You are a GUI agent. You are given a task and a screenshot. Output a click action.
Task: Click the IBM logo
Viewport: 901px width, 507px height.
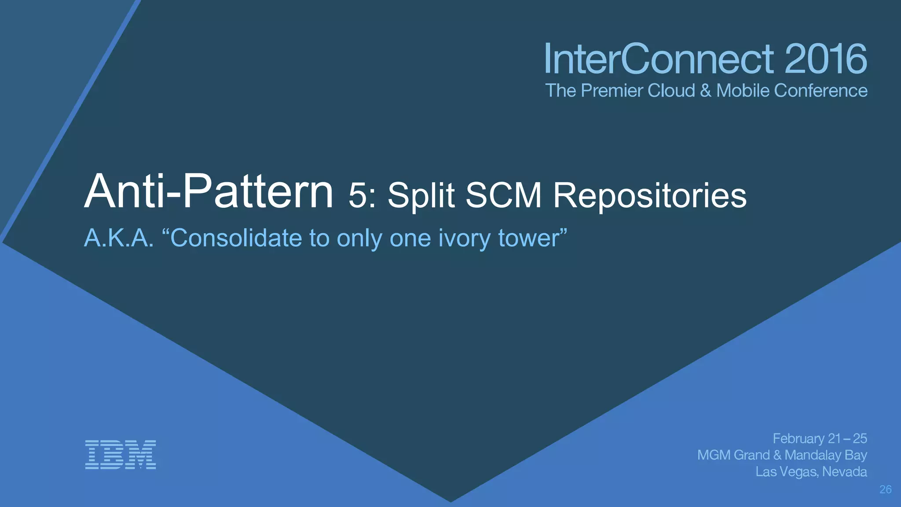[x=120, y=454]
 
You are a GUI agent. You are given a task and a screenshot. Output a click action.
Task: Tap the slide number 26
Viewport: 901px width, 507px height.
[x=885, y=489]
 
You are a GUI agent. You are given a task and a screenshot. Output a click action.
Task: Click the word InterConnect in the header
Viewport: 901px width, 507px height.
[x=659, y=59]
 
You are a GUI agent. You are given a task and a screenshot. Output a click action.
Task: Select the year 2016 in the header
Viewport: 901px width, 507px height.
[x=825, y=59]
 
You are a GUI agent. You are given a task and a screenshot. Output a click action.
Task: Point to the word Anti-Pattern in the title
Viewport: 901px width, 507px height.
[x=209, y=192]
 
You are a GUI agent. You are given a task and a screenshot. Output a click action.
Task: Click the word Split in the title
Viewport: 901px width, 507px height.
[x=421, y=196]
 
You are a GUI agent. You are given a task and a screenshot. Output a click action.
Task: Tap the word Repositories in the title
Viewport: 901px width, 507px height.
[x=649, y=196]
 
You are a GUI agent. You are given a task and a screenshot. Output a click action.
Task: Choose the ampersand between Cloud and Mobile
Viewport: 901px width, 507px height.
[x=706, y=91]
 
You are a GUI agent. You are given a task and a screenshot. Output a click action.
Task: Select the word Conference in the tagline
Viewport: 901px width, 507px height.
[x=820, y=91]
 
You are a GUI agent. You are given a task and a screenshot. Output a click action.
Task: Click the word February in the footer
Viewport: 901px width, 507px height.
[x=798, y=439]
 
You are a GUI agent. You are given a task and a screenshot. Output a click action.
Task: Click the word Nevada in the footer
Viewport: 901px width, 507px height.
[x=844, y=472]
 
